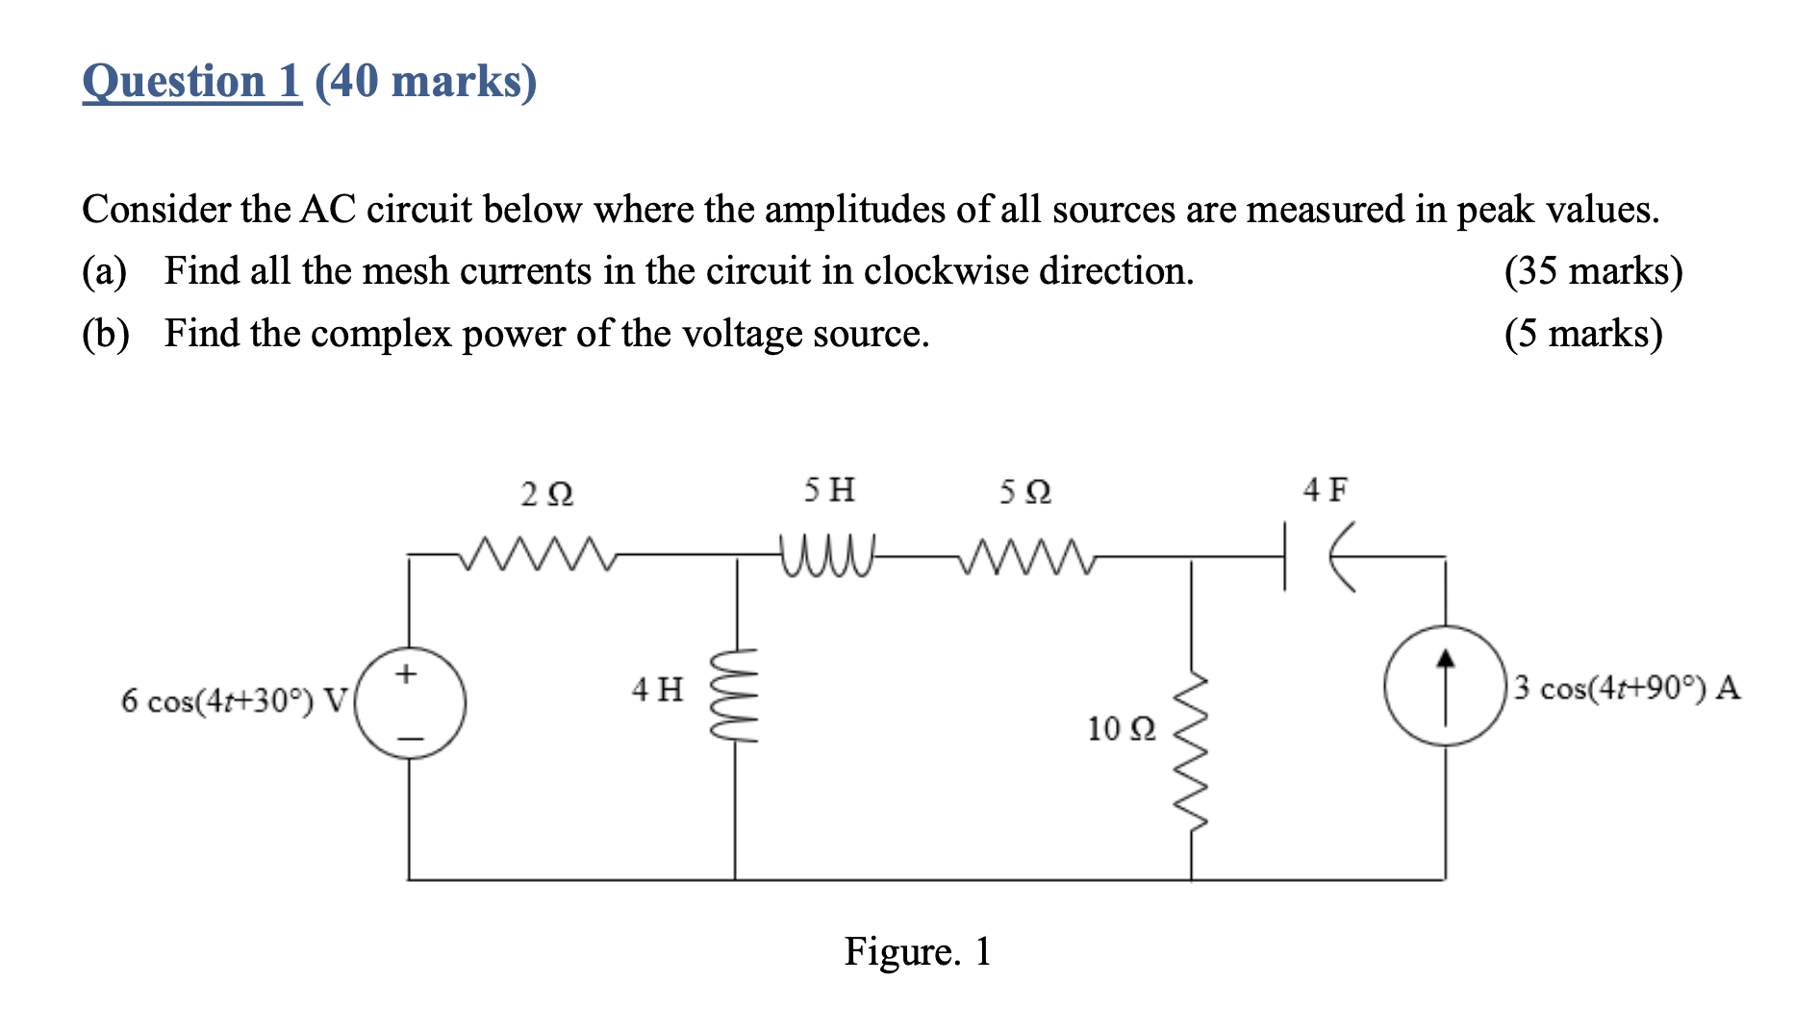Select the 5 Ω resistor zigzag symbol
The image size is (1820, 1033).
point(1025,555)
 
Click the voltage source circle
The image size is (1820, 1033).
point(411,703)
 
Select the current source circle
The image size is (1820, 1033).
point(1444,685)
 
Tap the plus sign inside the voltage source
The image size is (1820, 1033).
point(407,673)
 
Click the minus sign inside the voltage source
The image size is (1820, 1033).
point(411,739)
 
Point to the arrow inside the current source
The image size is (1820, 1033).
point(1444,684)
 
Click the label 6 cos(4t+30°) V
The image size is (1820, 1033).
point(233,700)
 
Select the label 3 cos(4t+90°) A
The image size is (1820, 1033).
point(1627,688)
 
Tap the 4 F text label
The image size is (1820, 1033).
point(1325,491)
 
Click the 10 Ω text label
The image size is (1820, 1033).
point(1121,729)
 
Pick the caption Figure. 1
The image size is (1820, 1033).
point(917,951)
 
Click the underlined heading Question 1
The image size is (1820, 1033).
point(191,81)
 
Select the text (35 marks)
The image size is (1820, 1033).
point(1593,271)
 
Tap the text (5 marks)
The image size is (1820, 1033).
point(1583,334)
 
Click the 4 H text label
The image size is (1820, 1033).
point(657,689)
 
